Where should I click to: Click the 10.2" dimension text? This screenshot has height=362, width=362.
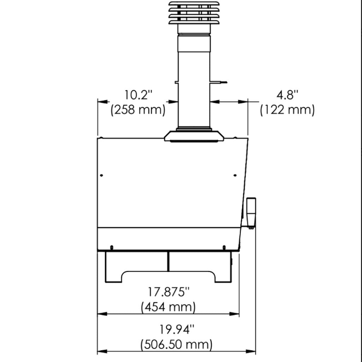pos(139,95)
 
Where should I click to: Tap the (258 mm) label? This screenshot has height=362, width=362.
pos(138,110)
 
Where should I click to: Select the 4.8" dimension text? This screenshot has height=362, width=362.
pos(287,95)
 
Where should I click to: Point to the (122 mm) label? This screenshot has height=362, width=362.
pos(287,110)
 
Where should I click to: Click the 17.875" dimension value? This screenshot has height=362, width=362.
pos(169,292)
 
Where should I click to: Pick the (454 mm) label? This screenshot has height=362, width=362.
pos(168,307)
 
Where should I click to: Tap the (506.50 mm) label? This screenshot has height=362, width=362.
pos(176,344)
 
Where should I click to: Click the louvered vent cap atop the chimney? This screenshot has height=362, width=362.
pos(194,13)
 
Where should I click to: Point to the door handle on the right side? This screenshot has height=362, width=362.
pos(251,212)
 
